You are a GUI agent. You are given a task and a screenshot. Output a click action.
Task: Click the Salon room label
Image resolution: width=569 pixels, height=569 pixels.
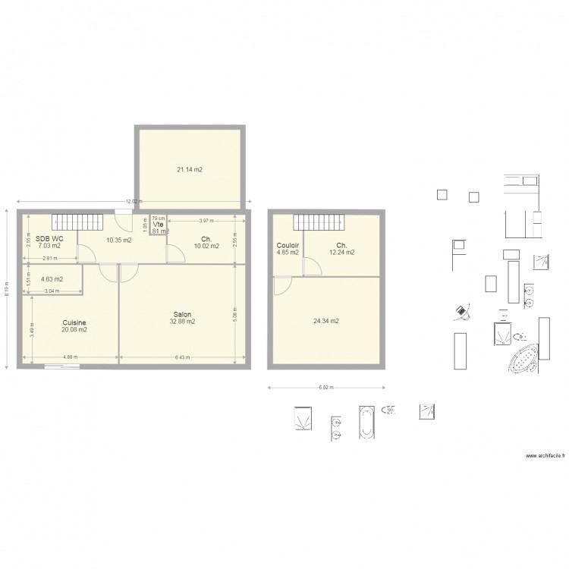coord(182,314)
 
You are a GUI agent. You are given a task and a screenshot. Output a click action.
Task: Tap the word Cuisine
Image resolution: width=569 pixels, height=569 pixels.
coord(74,322)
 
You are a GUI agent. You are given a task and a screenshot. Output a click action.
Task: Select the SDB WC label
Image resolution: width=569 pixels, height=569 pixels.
coord(49,239)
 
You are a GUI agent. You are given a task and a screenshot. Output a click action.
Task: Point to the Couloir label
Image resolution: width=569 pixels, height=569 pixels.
coord(288,245)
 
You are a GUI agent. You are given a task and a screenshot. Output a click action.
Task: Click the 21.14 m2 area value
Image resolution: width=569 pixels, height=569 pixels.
coord(190,170)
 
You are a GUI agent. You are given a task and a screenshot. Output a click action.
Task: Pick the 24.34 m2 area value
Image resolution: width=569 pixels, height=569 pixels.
coord(325,321)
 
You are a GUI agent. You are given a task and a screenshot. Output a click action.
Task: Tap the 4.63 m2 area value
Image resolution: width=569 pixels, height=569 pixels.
coord(52,279)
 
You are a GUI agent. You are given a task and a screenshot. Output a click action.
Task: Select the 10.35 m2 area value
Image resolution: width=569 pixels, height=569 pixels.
coord(119,240)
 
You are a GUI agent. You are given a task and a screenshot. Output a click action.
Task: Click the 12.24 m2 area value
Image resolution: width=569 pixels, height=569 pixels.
coord(342,252)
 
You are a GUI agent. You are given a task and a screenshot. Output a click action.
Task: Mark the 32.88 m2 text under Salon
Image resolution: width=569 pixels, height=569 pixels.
coord(182,322)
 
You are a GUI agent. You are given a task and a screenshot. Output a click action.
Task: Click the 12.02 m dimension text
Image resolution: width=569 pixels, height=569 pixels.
coord(133,201)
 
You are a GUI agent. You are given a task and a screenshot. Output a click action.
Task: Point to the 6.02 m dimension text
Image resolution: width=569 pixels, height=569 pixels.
coord(324,389)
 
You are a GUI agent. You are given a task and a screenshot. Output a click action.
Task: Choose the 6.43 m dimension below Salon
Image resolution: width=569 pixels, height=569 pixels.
coord(182,358)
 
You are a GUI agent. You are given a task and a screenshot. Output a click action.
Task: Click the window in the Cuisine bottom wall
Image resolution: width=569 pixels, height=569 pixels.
coord(63,367)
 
